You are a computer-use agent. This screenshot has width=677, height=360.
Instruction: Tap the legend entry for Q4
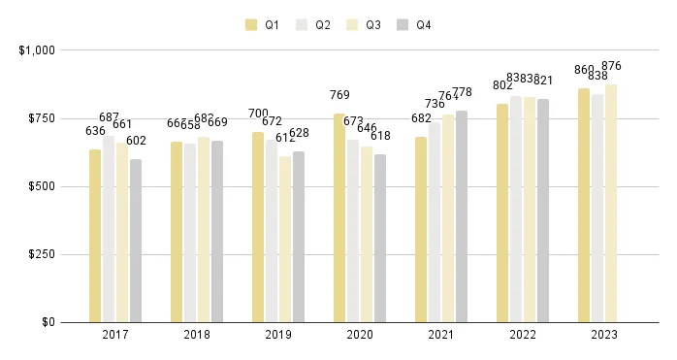414,24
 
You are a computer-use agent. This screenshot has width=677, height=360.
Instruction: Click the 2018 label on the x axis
197,335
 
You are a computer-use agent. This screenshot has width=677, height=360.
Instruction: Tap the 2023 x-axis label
604,335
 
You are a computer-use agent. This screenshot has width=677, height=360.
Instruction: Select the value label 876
611,66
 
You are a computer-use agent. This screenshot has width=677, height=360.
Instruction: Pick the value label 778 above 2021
462,92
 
